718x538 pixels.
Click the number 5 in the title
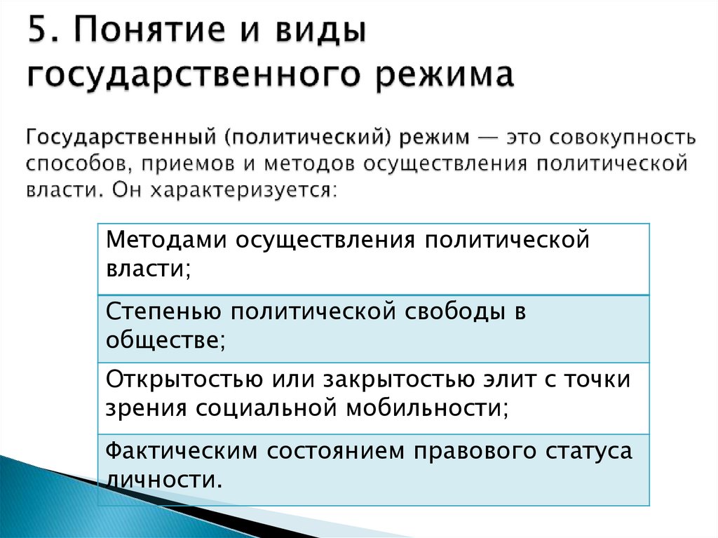[x=39, y=34]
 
